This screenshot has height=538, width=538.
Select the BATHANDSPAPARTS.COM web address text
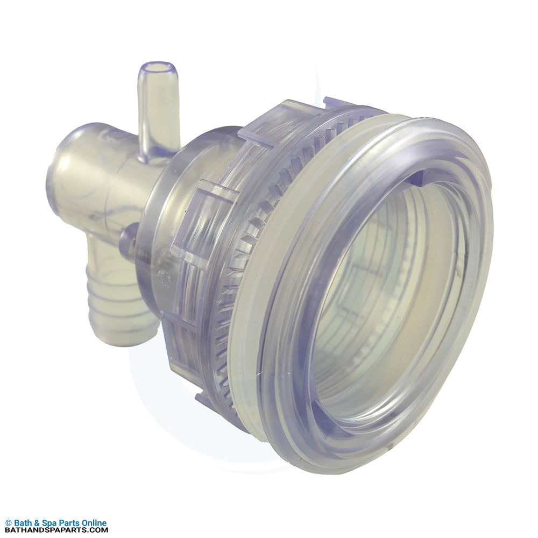[x=56, y=530]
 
